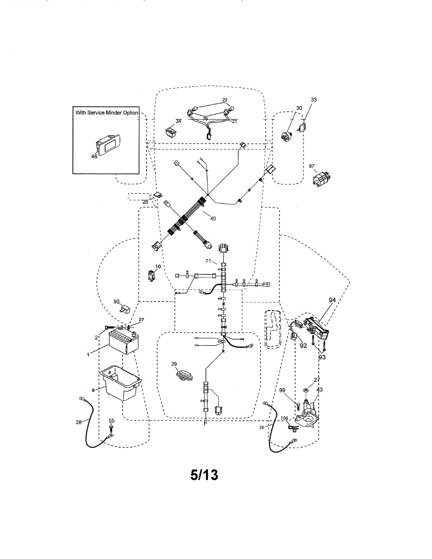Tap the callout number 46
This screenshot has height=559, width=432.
point(94,157)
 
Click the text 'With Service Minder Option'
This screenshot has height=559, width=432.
point(107,113)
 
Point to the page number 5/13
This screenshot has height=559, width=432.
point(204,475)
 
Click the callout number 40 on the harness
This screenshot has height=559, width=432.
point(213,218)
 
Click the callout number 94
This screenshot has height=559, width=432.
point(332,300)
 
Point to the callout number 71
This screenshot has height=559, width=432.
point(208,262)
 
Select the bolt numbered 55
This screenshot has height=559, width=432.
point(111,427)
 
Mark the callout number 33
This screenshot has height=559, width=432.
point(314,100)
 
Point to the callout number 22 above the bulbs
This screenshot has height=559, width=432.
point(225,100)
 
